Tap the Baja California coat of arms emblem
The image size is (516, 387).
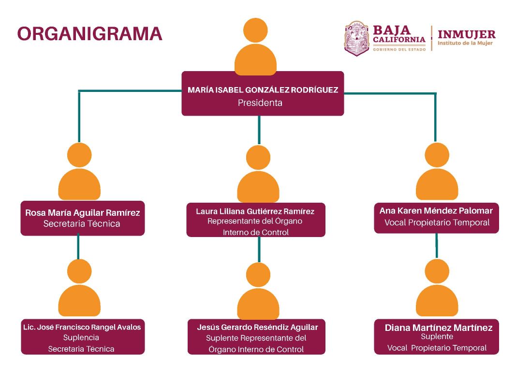pos(356,38)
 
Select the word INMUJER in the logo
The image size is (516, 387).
pos(466,34)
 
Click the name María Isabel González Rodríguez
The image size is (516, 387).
pos(263,90)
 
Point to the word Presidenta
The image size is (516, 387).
pos(260,103)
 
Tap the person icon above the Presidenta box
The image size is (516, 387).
pos(255,47)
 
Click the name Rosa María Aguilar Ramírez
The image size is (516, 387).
pos(82,213)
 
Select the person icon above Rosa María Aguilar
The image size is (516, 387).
pos(79,171)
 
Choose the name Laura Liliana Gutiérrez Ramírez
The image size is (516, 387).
pos(255,211)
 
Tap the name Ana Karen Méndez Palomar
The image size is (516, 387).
pos(436,211)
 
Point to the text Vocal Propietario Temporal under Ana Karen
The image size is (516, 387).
pos(437,223)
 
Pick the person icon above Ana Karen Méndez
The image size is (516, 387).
pos(437,171)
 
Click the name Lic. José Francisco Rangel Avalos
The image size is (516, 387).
pos(82,327)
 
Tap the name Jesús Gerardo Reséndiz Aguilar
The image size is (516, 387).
pos(257,327)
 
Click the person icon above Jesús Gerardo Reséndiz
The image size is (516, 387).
pos(258,291)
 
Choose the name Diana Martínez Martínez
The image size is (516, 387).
pos(439,328)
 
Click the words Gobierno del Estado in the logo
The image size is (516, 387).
pos(399,49)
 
